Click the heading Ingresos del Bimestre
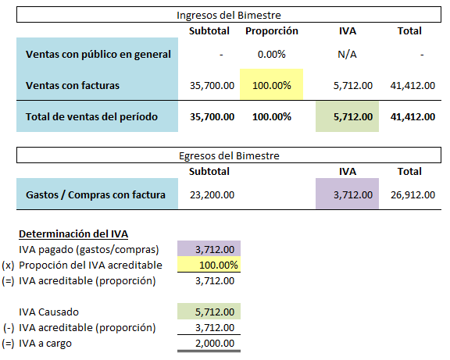coord(229,15)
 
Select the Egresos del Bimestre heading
coord(229,155)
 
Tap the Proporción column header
coord(272,31)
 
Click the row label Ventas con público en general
coord(98,54)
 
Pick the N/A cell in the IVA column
coord(347,54)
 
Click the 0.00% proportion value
coord(272,54)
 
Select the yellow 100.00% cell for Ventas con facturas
coord(272,85)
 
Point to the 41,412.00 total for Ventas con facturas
coord(412,85)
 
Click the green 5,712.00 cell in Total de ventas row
coord(347,116)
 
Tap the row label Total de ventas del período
coord(91,117)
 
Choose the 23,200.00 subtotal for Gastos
coord(212,195)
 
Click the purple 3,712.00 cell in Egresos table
coord(347,194)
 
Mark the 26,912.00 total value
coord(412,195)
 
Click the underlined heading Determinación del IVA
coord(73,234)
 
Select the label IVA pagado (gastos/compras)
coord(89,250)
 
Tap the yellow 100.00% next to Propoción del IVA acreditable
coord(209,264)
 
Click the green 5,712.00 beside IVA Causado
coord(209,312)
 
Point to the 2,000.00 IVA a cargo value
coord(215,343)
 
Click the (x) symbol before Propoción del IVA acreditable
coord(8,265)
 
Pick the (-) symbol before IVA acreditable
coord(9,327)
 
